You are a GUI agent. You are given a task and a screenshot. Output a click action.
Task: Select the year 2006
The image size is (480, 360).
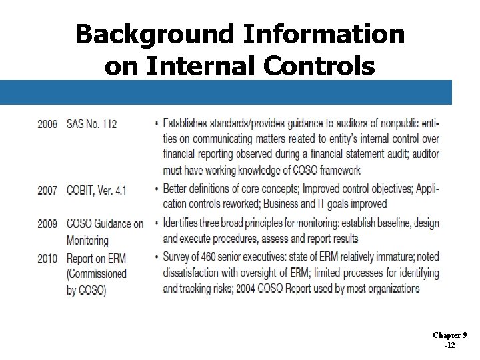[47, 123]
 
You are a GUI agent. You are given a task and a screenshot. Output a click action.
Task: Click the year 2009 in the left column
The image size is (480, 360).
[47, 223]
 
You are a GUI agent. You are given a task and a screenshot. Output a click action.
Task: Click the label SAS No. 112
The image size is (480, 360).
[91, 123]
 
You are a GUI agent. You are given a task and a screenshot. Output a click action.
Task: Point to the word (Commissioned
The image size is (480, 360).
[97, 274]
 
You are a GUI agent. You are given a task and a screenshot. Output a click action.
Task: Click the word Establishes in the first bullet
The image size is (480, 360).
[191, 123]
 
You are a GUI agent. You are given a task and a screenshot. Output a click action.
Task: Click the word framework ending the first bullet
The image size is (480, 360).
[337, 171]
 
